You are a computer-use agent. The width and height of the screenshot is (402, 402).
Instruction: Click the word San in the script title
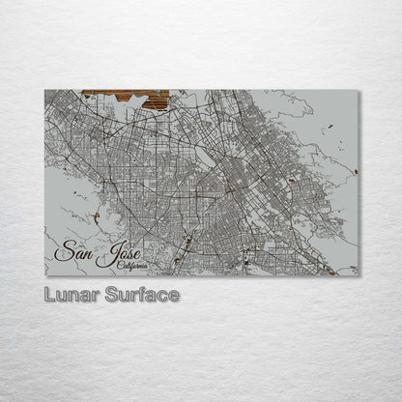coord(73,252)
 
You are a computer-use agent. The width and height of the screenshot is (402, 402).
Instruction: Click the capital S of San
coord(63,252)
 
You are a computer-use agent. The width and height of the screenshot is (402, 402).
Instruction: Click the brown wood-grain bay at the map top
coord(126,98)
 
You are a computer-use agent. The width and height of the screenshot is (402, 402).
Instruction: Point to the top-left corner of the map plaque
coord(45,91)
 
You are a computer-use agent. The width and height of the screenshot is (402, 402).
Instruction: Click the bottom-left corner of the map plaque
coord(45,275)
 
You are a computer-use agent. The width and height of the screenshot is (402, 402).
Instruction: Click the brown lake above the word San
coord(97,216)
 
